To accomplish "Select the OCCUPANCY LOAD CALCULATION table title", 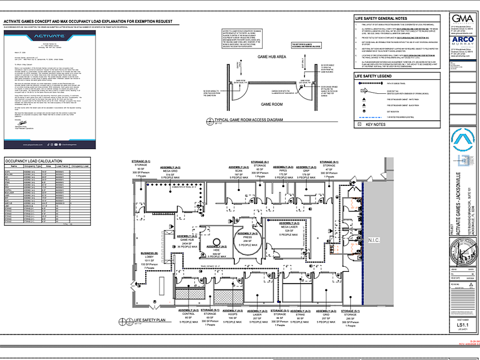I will point(36,161).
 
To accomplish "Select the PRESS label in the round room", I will point(247,237).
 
